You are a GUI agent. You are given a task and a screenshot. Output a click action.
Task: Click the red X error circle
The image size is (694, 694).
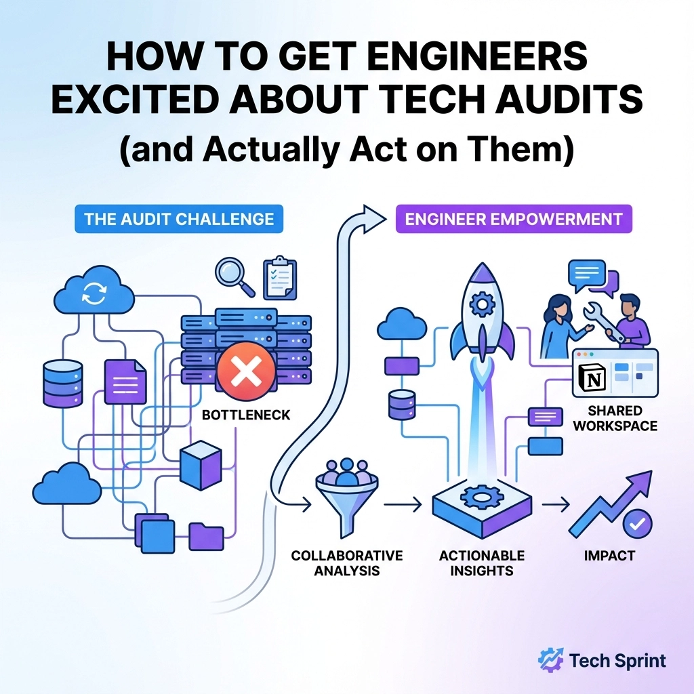pyautogui.click(x=245, y=372)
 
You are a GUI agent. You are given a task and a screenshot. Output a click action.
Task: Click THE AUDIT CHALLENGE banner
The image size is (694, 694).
pyautogui.click(x=180, y=219)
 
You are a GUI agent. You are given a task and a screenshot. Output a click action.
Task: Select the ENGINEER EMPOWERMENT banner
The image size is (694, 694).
pyautogui.click(x=514, y=219)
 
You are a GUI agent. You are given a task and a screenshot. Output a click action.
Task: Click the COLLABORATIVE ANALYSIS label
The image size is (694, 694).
pyautogui.click(x=346, y=563)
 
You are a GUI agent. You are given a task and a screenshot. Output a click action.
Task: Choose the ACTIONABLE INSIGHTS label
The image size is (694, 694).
pyautogui.click(x=481, y=563)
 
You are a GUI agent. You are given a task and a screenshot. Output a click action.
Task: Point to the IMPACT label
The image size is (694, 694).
pyautogui.click(x=609, y=556)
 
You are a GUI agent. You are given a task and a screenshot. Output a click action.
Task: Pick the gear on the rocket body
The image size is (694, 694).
pyautogui.click(x=482, y=305)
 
